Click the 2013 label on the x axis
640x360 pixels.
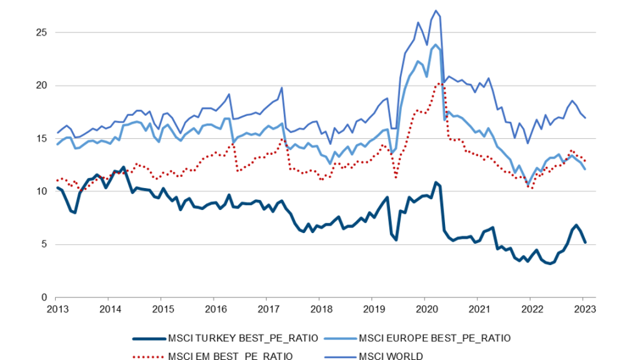[x=57, y=309]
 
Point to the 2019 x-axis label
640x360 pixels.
[x=372, y=309]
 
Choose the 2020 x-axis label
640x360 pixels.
[x=425, y=309]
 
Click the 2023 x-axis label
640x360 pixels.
[x=583, y=309]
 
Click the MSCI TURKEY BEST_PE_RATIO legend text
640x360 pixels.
[x=244, y=338]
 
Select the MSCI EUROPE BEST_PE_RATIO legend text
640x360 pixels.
[x=435, y=338]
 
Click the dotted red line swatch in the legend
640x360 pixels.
[x=147, y=356]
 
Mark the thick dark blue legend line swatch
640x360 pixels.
[x=147, y=338]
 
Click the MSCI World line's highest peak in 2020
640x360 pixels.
[x=436, y=11]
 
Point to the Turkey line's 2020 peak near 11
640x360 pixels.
[x=435, y=182]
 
